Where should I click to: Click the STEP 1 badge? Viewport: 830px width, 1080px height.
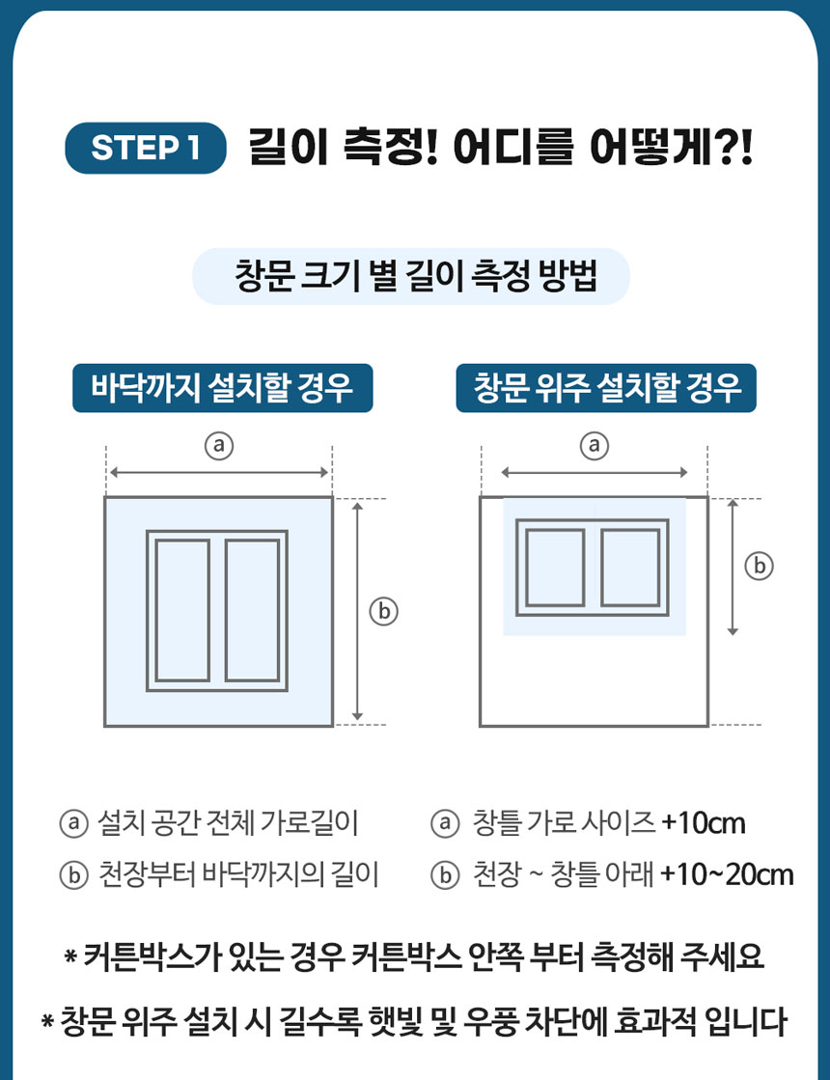coord(145,148)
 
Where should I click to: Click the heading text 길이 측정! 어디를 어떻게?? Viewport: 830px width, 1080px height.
coord(499,148)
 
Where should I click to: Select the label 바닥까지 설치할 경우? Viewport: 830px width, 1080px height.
coord(222,389)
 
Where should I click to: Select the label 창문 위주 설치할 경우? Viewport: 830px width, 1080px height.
coord(606,389)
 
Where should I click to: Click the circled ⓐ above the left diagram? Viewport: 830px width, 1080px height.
coord(219,445)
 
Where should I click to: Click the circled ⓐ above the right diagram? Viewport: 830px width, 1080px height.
coord(594,445)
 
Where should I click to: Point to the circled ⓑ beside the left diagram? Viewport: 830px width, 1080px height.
coord(384,610)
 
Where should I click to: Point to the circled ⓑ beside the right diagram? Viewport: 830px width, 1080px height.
coord(760,566)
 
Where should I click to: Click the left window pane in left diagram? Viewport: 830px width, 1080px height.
coord(182,610)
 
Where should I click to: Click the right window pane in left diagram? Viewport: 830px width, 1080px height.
coord(252,610)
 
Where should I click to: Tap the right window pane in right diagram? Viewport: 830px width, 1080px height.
coord(630,568)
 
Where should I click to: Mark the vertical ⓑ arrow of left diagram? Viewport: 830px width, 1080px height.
coord(358,610)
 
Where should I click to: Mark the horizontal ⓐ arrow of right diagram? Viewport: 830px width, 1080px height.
coord(594,473)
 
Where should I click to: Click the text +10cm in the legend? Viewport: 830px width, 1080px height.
coord(704,823)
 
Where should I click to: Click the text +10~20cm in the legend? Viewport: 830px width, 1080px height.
coord(727,874)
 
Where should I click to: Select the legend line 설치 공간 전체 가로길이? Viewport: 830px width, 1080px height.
coord(228,823)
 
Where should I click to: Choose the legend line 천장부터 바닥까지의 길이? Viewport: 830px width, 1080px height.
coord(238,874)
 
